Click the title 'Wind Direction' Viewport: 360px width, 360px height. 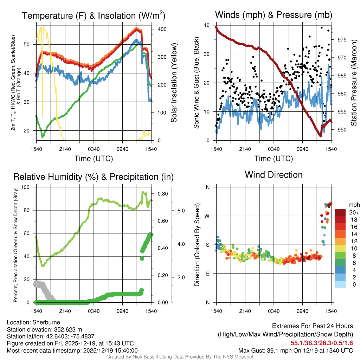274,175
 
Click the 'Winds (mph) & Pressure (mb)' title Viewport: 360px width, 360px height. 274,15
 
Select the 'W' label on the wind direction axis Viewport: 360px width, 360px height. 207,216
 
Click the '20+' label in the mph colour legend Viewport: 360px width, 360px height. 354,213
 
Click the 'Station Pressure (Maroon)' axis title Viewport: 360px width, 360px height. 354,83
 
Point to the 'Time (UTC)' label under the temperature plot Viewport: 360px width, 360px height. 94,159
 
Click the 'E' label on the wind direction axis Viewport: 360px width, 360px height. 208,274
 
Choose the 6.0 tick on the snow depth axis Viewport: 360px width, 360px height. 181,211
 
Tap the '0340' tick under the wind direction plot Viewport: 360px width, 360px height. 274,311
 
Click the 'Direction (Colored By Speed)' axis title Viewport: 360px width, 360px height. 197,245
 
